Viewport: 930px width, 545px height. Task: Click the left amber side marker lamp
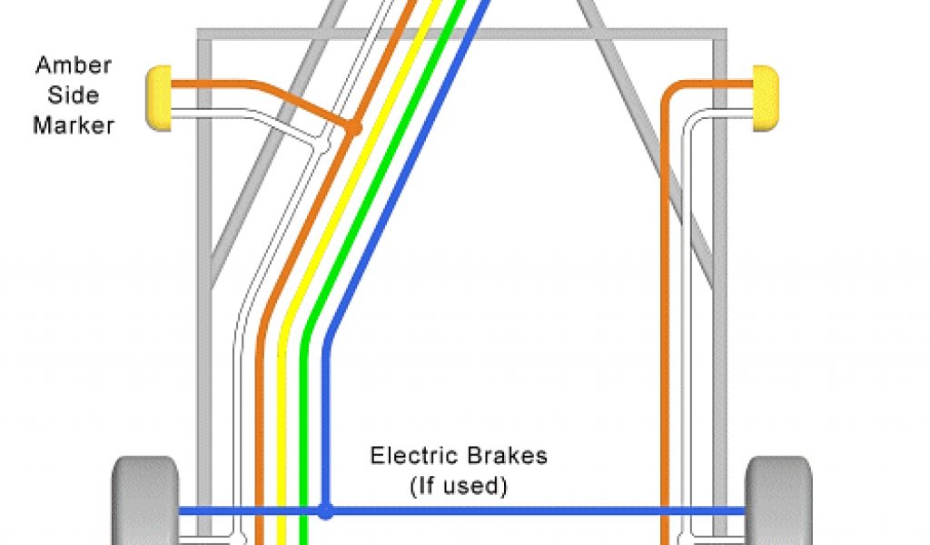pyautogui.click(x=158, y=98)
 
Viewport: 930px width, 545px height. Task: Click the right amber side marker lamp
pyautogui.click(x=765, y=98)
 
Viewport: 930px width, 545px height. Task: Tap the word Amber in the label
pyautogui.click(x=73, y=65)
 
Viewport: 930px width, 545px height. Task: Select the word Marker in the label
pyautogui.click(x=73, y=124)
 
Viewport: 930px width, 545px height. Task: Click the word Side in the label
pyautogui.click(x=73, y=94)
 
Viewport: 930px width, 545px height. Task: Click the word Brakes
pyautogui.click(x=506, y=455)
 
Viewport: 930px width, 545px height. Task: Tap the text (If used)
pyautogui.click(x=458, y=486)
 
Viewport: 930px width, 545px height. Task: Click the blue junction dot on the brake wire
pyautogui.click(x=325, y=511)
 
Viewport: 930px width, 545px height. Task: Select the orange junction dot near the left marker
pyautogui.click(x=355, y=128)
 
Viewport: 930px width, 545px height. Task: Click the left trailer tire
pyautogui.click(x=145, y=500)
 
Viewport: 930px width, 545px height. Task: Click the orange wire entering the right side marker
pyautogui.click(x=717, y=84)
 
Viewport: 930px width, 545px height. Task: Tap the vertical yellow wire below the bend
pyautogui.click(x=282, y=436)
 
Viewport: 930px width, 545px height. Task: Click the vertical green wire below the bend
pyautogui.click(x=303, y=436)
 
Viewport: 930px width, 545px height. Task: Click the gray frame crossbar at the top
pyautogui.click(x=463, y=35)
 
